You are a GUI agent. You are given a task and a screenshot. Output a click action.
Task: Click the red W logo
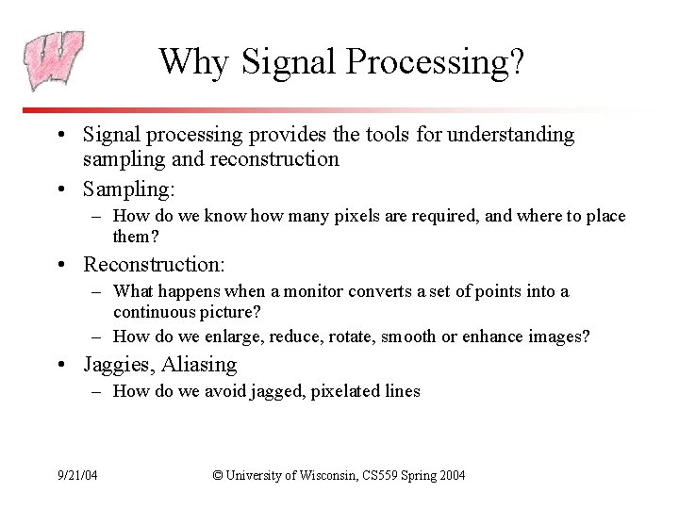point(54,60)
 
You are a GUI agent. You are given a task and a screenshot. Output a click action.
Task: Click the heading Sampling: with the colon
point(128,189)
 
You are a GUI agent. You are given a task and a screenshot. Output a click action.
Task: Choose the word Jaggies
point(117,365)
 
